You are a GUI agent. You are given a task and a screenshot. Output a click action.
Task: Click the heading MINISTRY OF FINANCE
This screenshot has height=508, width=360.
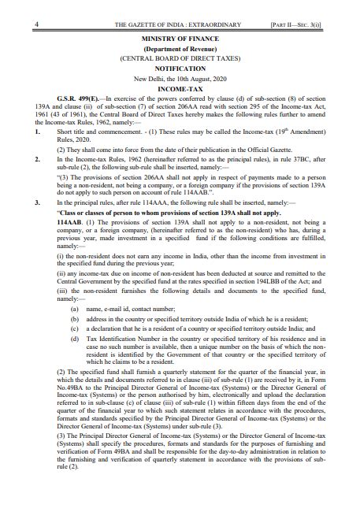pos(180,38)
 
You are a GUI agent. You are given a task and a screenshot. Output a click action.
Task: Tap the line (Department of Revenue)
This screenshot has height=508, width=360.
pos(180,48)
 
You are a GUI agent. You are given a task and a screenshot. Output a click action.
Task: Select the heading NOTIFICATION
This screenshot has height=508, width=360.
pos(180,69)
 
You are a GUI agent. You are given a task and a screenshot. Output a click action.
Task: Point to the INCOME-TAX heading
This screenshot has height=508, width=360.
pos(180,89)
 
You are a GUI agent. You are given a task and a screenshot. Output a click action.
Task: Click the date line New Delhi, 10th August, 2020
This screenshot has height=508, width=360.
pos(180,79)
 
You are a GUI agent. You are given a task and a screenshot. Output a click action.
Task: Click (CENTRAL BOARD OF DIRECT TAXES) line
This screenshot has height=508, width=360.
pos(180,58)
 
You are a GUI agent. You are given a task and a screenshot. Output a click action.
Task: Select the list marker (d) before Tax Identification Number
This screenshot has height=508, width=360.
pos(74,338)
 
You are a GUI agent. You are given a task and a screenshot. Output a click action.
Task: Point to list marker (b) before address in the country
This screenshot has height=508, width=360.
pos(74,320)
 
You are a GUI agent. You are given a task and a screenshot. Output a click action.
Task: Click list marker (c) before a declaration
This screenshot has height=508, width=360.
pos(74,329)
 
